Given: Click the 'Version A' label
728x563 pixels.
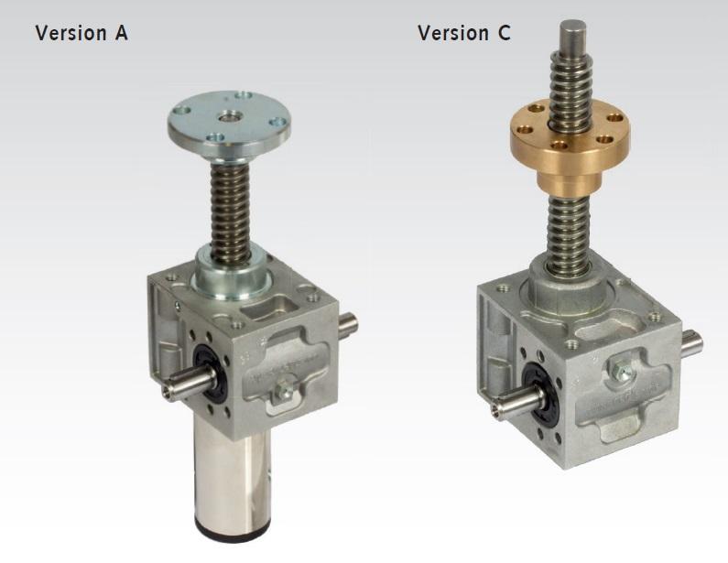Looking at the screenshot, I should pos(81,34).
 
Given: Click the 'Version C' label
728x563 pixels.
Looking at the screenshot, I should pos(463,34).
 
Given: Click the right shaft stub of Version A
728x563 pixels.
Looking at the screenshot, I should pos(349,323).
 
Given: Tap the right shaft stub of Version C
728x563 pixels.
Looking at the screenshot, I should pos(693,345).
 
